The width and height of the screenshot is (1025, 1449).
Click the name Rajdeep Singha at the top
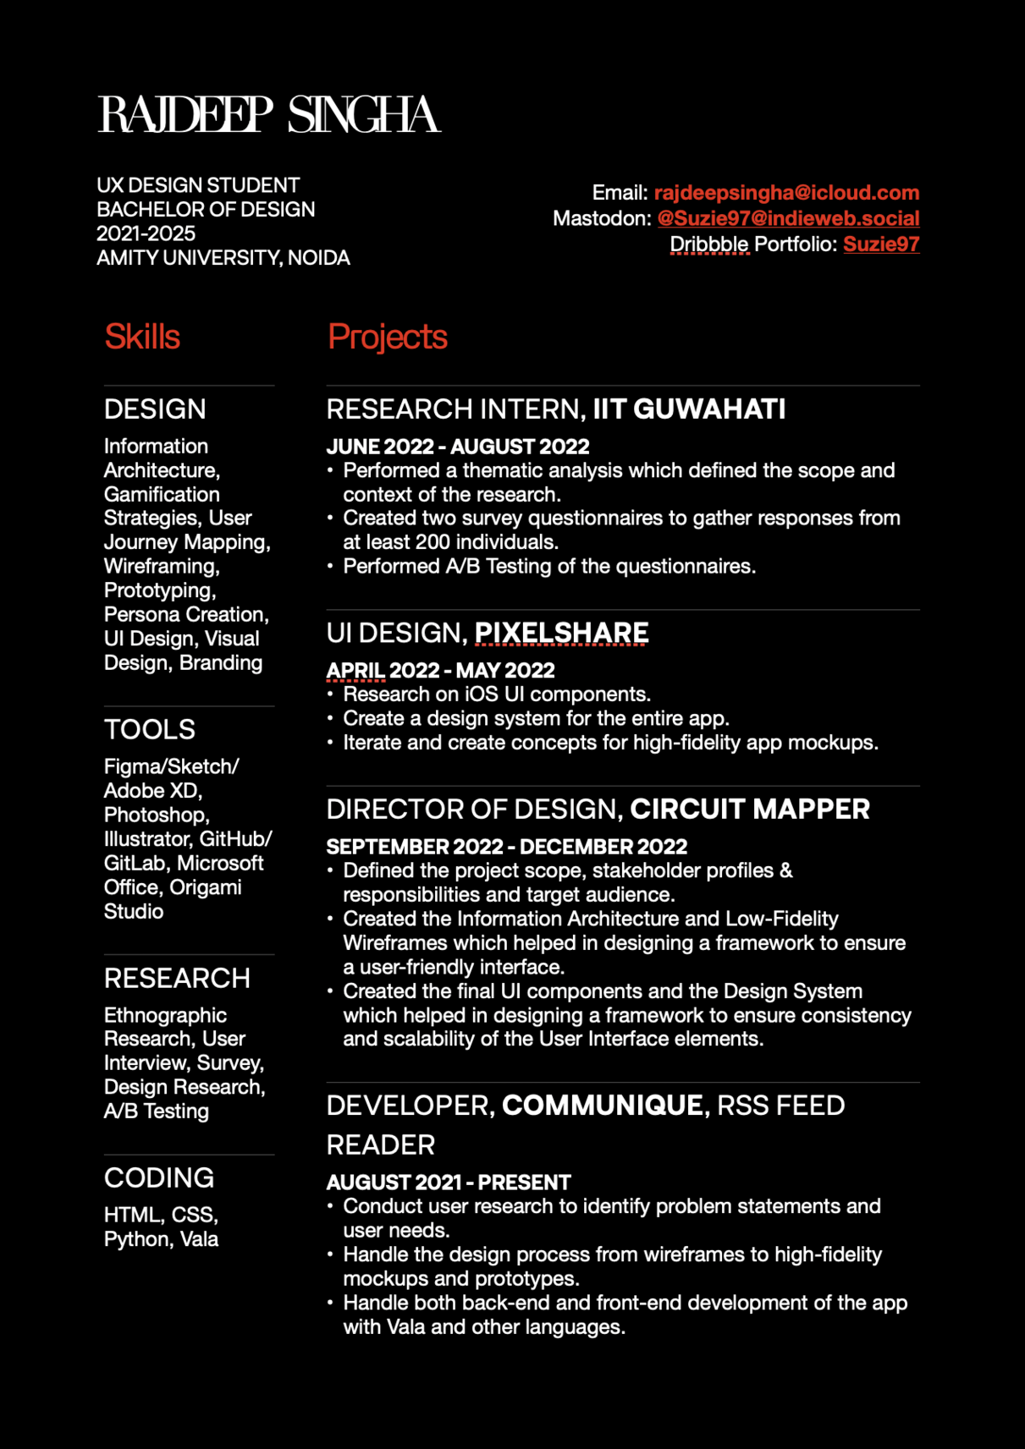click(269, 115)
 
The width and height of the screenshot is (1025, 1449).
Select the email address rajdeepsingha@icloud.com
click(786, 193)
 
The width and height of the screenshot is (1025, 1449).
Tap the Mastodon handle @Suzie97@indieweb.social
click(788, 218)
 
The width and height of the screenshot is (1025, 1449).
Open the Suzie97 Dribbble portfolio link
click(881, 244)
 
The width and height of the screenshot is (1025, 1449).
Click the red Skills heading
click(142, 337)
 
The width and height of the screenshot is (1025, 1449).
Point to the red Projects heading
click(387, 337)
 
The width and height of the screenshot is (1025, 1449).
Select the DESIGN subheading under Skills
click(155, 409)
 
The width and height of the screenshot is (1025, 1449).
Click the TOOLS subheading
click(150, 729)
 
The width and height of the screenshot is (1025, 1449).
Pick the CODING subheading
click(159, 1177)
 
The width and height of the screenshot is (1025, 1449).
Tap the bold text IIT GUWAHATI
click(689, 409)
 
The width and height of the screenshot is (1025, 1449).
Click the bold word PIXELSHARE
click(561, 633)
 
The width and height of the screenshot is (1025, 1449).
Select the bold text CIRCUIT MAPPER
click(750, 810)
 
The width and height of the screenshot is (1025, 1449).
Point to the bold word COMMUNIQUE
click(602, 1106)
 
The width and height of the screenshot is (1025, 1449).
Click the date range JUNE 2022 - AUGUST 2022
click(458, 447)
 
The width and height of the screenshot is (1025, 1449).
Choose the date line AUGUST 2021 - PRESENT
click(449, 1183)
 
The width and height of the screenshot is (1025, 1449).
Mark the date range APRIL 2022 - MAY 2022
click(440, 671)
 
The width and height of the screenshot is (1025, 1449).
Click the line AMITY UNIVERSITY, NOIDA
click(223, 258)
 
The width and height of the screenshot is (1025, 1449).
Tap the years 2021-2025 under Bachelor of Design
click(146, 233)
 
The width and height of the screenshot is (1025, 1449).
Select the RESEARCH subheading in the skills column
click(177, 979)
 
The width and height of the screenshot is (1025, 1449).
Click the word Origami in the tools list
click(206, 887)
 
